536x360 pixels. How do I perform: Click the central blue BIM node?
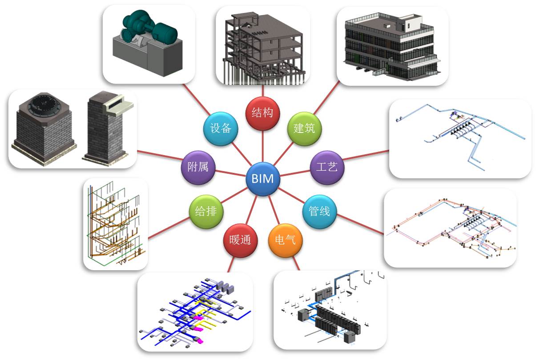coord(263,179)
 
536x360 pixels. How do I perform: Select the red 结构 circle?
coord(262,113)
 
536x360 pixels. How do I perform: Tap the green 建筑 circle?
coord(305,128)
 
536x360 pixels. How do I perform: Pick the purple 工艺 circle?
coord(327,168)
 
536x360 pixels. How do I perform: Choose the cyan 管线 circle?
coord(319,211)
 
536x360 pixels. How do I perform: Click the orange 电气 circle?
coord(286,240)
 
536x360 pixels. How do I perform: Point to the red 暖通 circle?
coord(240,240)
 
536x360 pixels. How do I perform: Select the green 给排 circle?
coord(206,211)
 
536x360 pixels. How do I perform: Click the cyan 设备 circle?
coord(221,128)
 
